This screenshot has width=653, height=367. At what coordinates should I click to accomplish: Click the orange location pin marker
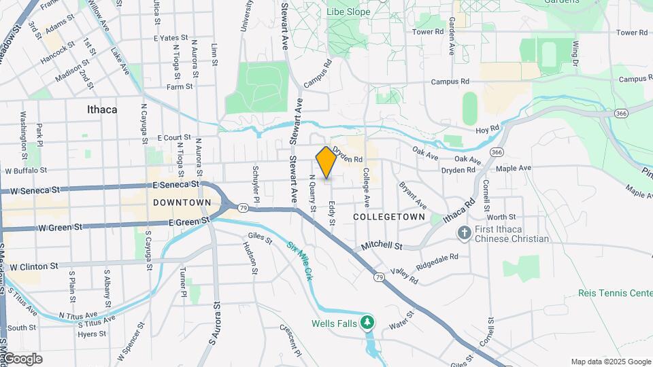[x=326, y=162]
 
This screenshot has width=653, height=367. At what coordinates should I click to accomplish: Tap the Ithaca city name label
[x=102, y=109]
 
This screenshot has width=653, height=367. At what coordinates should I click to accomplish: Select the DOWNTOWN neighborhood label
[x=182, y=203]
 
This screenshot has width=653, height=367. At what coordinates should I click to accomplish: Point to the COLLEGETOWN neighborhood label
[x=389, y=217]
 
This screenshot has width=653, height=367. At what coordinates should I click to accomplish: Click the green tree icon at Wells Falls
[x=368, y=321]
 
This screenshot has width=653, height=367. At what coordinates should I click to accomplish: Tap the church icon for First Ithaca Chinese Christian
[x=465, y=233]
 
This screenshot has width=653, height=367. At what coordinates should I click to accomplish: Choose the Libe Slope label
[x=348, y=12]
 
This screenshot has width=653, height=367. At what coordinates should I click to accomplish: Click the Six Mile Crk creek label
[x=299, y=261]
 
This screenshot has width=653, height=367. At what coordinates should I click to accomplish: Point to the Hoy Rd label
[x=487, y=127]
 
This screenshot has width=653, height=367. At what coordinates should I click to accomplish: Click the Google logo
[x=22, y=359]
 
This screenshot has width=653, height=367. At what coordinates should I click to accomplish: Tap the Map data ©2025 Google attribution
[x=610, y=362]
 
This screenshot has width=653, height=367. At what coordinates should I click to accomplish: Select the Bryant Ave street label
[x=413, y=195]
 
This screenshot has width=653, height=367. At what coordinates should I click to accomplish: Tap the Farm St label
[x=180, y=86]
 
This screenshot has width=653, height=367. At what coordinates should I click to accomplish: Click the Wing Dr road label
[x=575, y=53]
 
